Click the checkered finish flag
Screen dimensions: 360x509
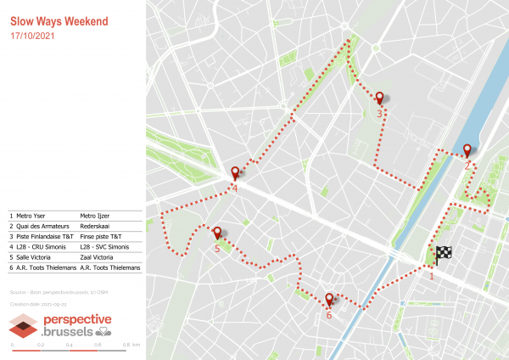click(444, 254)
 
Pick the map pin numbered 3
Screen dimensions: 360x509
click(380, 98)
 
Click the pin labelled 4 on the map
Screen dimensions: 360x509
click(235, 173)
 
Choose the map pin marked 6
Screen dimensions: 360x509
click(329, 299)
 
